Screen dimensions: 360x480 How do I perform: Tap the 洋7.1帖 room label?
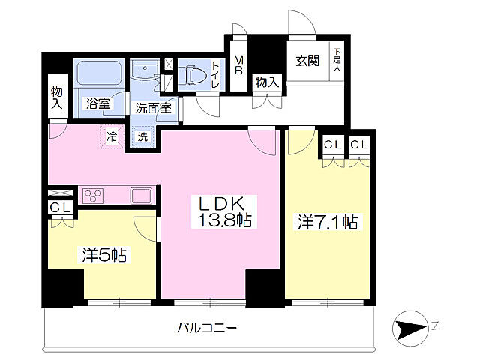click(328, 222)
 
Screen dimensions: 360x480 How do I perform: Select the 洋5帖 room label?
click(103, 255)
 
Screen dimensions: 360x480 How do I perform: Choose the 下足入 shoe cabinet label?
click(337, 61)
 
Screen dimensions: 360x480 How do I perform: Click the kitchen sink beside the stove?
click(142, 195)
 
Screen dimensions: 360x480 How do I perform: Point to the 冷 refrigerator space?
click(112, 137)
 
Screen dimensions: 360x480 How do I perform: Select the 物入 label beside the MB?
click(266, 82)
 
